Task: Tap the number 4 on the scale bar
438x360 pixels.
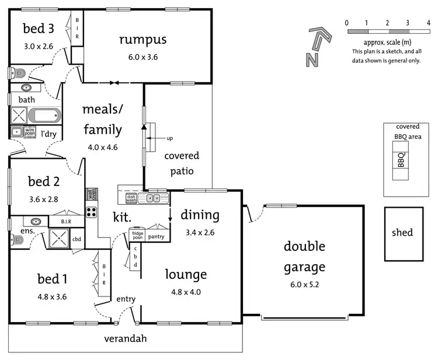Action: pyautogui.click(x=427, y=23)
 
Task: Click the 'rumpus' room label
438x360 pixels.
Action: pyautogui.click(x=142, y=40)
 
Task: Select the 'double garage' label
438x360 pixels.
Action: pyautogui.click(x=304, y=256)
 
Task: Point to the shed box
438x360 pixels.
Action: pyautogui.click(x=402, y=233)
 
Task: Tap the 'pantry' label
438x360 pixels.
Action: pyautogui.click(x=157, y=236)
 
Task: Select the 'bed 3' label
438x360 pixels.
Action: pyautogui.click(x=38, y=28)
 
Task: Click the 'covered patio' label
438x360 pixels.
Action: pyautogui.click(x=182, y=163)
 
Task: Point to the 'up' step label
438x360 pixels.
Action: pyautogui.click(x=170, y=138)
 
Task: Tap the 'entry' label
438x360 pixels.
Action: pyautogui.click(x=126, y=299)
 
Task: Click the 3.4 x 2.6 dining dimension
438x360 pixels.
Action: pyautogui.click(x=200, y=232)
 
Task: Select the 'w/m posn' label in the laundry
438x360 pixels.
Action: pyautogui.click(x=30, y=132)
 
